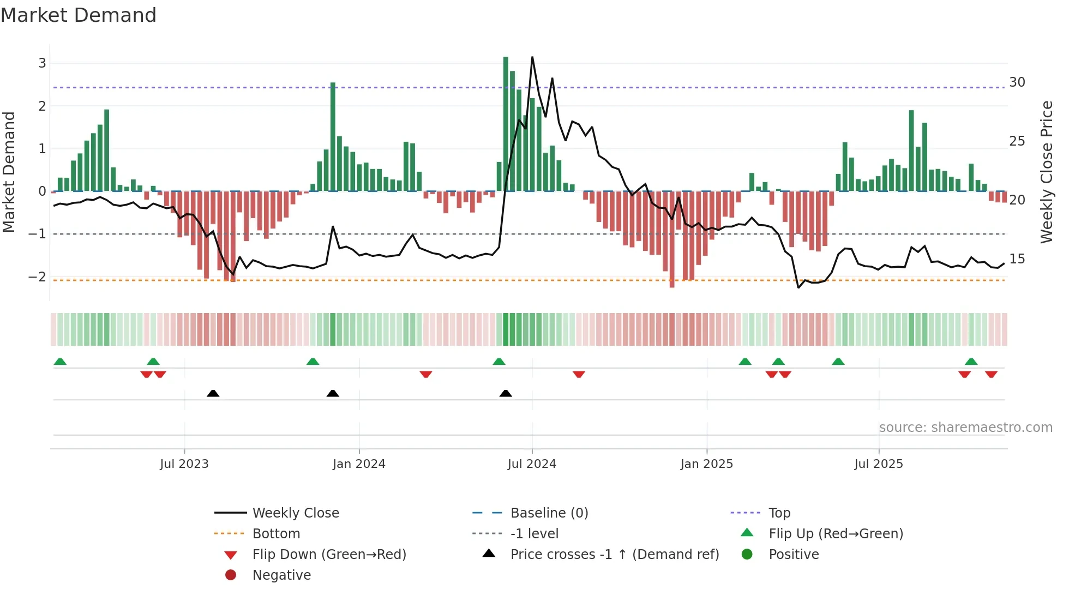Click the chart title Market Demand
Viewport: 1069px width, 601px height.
pos(79,15)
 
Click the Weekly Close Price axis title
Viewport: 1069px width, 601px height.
pos(1046,172)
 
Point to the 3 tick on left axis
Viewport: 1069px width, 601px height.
pos(42,63)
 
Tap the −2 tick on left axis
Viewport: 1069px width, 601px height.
pos(38,277)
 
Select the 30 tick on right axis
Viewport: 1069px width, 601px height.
pos(1017,82)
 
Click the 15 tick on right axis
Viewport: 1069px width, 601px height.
pos(1017,259)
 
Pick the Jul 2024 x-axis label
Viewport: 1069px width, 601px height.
pos(531,464)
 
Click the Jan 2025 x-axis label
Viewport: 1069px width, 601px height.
pos(706,464)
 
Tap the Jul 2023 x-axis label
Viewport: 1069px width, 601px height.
pos(184,464)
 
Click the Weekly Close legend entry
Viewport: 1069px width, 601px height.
pos(295,513)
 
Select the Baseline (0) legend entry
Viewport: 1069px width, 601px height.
pos(549,513)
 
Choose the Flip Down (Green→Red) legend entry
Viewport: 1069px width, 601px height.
pos(329,555)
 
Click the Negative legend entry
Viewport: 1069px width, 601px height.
pos(281,575)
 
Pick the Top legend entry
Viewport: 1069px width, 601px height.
pos(779,513)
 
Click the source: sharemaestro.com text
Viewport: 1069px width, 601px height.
pos(965,428)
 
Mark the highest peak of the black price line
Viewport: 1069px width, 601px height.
pos(532,57)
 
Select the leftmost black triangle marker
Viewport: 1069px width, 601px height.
pos(213,394)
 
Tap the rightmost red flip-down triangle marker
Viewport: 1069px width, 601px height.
pos(991,374)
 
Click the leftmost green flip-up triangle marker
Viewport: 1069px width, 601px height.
pos(60,362)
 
